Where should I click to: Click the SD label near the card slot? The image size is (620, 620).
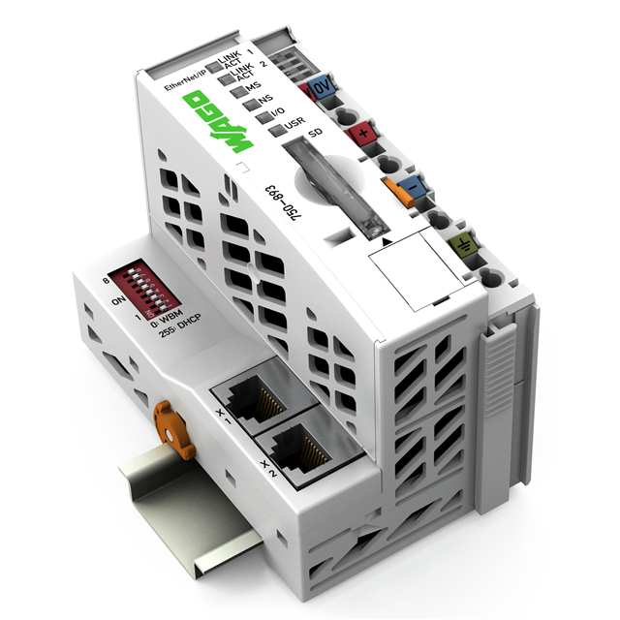tap(311, 133)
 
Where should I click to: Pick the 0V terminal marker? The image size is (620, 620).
tap(324, 92)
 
